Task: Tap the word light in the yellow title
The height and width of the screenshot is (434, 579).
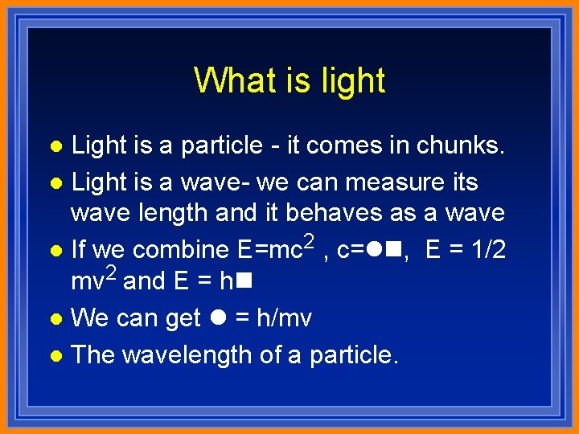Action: (x=351, y=80)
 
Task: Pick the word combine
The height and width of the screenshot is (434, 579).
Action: (x=182, y=250)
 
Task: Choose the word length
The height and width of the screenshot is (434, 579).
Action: (x=154, y=213)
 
